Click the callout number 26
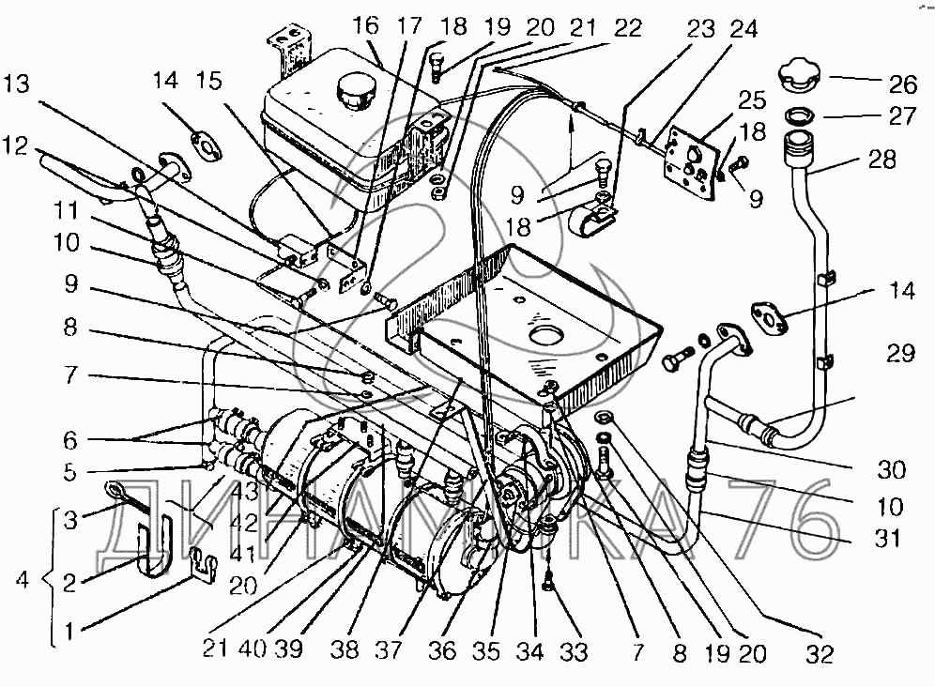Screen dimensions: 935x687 tap(902, 84)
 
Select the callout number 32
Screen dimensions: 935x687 tap(820, 654)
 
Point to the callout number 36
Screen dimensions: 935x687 tap(442, 650)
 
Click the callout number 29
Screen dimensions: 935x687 tap(900, 353)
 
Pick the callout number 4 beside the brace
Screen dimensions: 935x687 tap(23, 580)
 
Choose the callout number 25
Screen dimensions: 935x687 tap(751, 99)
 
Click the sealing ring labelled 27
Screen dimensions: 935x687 tap(800, 115)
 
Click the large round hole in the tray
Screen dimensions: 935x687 tap(547, 334)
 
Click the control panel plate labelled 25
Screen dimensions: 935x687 tap(692, 161)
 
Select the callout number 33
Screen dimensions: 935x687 tap(573, 651)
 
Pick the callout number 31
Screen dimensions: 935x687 tap(887, 539)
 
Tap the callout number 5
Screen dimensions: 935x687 tap(70, 472)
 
